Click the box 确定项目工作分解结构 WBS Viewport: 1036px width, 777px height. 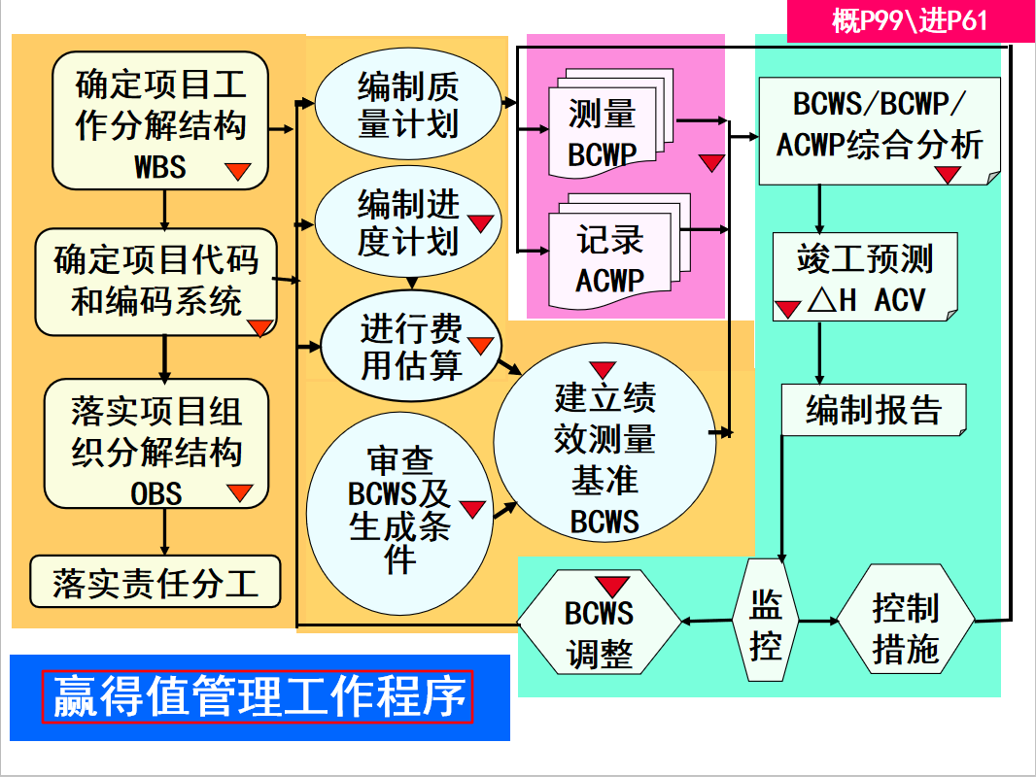pos(160,120)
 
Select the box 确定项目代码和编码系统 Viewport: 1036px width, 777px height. pos(155,281)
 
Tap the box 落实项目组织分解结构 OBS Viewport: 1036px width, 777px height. pos(155,444)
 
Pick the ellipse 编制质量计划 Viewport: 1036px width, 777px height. pos(407,106)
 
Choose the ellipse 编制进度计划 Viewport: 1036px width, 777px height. pos(407,224)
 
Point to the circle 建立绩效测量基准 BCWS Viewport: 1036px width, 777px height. pos(604,456)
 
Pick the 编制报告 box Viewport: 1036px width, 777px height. pos(873,410)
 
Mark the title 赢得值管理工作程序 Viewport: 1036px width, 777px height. pos(259,697)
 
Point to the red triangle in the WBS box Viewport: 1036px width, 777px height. pos(238,172)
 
